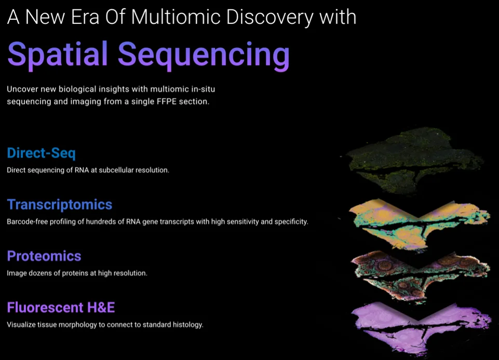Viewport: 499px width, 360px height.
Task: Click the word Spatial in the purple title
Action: (x=58, y=54)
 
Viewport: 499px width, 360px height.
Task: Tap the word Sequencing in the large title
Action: (x=204, y=54)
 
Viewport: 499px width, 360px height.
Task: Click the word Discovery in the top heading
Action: (x=270, y=18)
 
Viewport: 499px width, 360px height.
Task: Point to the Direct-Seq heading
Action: (x=42, y=153)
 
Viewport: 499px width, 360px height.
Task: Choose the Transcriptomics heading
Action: (x=60, y=204)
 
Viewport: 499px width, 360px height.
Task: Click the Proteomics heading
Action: (x=44, y=256)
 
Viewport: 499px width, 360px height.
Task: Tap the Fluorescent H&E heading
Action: (x=61, y=307)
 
